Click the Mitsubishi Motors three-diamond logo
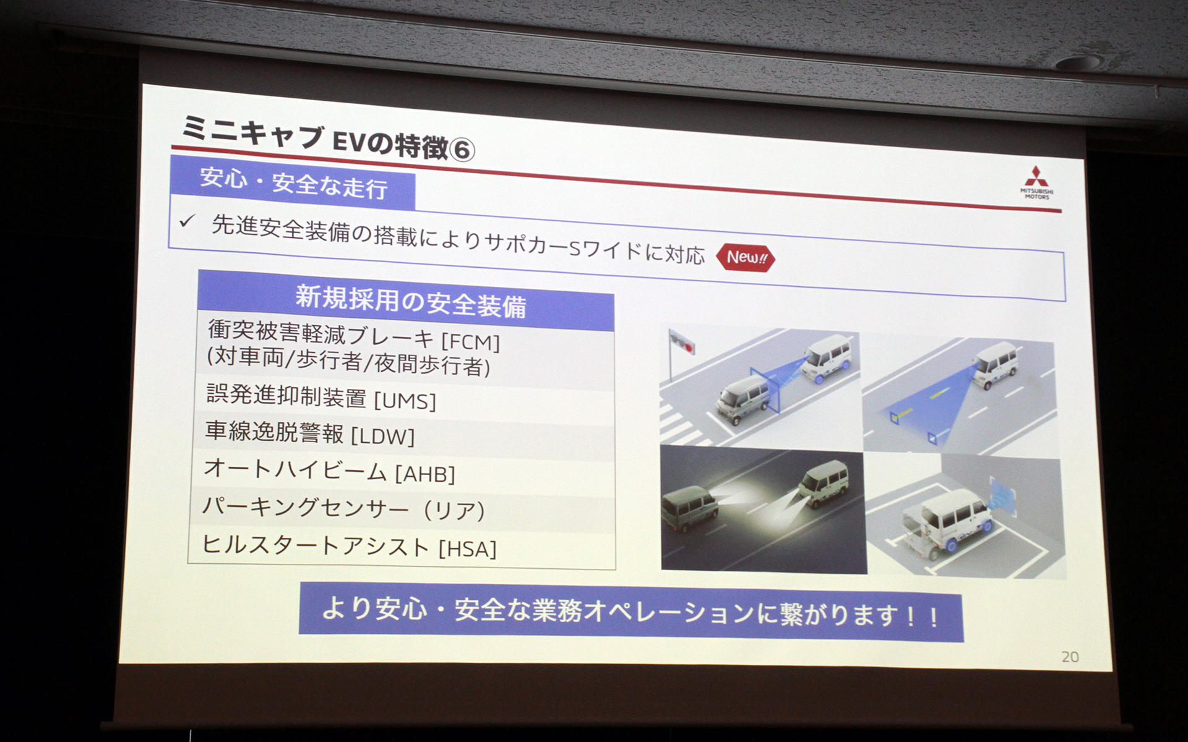click(1036, 176)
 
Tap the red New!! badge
click(746, 257)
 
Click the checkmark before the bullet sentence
click(187, 221)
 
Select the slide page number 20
click(1070, 657)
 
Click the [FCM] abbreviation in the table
click(470, 341)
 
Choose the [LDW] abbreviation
click(382, 437)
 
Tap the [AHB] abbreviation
click(425, 474)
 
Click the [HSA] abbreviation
click(467, 549)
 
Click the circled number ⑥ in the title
click(462, 150)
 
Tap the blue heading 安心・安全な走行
click(293, 183)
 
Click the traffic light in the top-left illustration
click(682, 342)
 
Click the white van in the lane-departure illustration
click(996, 365)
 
